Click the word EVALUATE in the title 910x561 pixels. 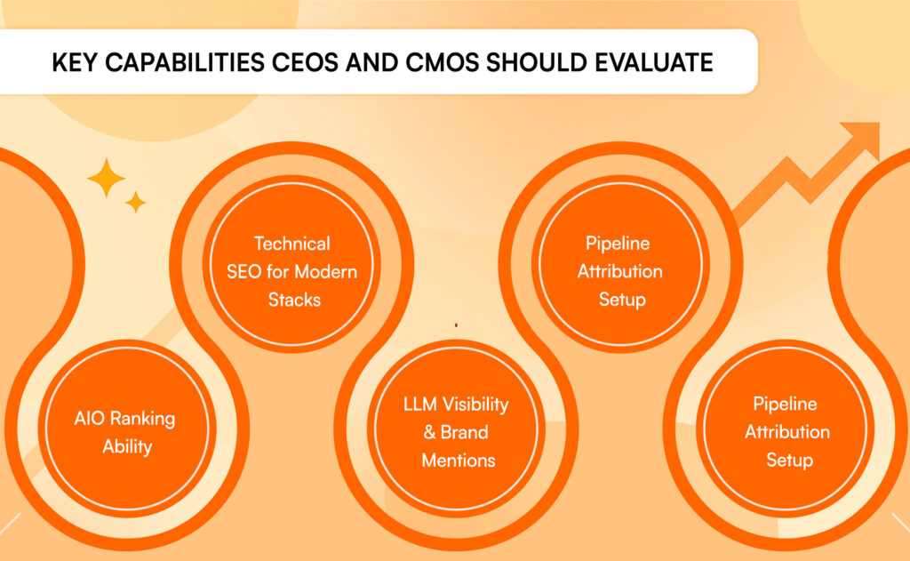pyautogui.click(x=654, y=63)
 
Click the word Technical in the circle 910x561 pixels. pyautogui.click(x=291, y=244)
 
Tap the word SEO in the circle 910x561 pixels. pyautogui.click(x=243, y=272)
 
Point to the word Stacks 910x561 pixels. pyautogui.click(x=294, y=300)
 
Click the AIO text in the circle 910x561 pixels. pyautogui.click(x=90, y=418)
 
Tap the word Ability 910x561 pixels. pyautogui.click(x=127, y=447)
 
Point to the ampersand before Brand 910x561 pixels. pyautogui.click(x=429, y=433)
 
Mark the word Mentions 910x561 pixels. pyautogui.click(x=459, y=461)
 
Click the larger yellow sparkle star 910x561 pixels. pyautogui.click(x=107, y=178)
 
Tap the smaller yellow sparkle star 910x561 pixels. pyautogui.click(x=135, y=202)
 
